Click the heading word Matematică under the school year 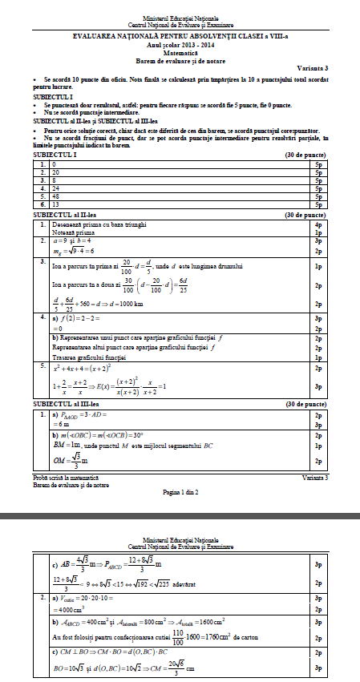coord(180,49)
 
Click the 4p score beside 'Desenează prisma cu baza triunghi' coord(318,225)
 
